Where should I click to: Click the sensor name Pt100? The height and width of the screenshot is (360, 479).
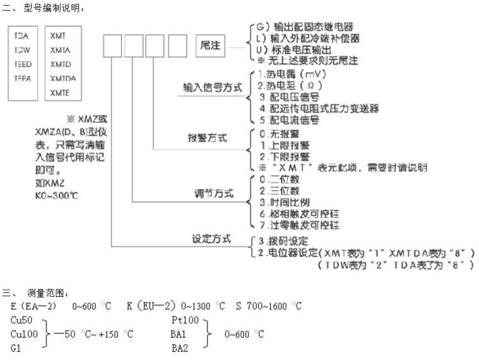pos(186,320)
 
